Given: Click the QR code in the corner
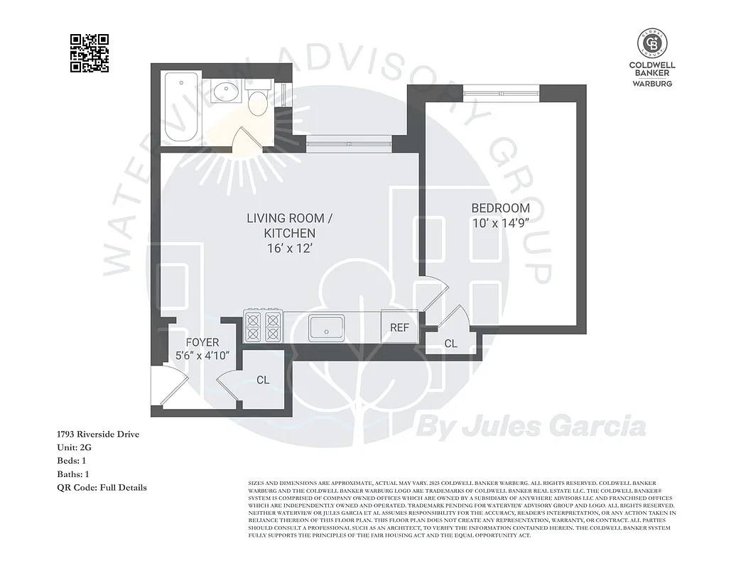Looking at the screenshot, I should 90,53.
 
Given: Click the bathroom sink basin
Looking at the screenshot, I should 227,93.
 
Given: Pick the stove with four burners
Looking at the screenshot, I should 263,327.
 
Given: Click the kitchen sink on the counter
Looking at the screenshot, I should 327,328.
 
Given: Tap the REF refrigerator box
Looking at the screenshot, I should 399,327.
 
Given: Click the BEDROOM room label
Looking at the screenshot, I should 500,208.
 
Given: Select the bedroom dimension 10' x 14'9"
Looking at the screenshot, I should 500,223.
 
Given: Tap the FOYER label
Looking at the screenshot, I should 202,342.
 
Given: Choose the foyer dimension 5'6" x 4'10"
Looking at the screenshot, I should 202,356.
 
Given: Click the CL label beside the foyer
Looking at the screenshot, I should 263,380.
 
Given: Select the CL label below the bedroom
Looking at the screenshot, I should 450,344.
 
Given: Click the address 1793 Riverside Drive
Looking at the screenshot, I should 98,434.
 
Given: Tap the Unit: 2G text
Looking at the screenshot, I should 74,447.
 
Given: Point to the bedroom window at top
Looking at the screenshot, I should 501,92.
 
